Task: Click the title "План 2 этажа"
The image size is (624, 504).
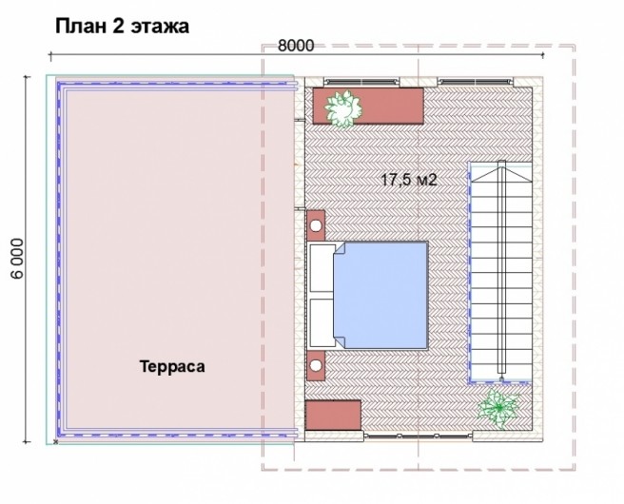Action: [x=122, y=27]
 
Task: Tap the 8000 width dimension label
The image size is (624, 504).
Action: [x=296, y=46]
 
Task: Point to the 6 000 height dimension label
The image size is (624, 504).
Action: [x=17, y=259]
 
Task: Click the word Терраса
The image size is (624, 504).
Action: [x=172, y=366]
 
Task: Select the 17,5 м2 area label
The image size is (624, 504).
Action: [x=409, y=180]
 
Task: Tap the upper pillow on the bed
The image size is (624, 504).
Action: [x=322, y=268]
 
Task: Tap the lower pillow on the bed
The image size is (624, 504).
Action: [x=322, y=322]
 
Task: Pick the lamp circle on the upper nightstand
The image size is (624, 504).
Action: [x=316, y=226]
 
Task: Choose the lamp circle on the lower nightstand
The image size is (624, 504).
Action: [x=316, y=365]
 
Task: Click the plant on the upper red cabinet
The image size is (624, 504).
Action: [x=343, y=108]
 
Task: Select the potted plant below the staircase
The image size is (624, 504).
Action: [x=498, y=408]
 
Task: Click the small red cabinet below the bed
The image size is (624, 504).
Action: [x=333, y=416]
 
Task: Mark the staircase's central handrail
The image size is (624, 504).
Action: [x=501, y=266]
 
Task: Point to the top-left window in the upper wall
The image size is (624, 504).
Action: [x=361, y=82]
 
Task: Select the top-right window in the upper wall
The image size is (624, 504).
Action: [x=476, y=82]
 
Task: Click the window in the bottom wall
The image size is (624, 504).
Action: [x=419, y=436]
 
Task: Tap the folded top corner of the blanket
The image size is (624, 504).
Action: [x=340, y=248]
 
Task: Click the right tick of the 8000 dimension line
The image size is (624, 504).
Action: [x=543, y=55]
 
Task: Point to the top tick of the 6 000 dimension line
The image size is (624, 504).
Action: [x=27, y=75]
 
